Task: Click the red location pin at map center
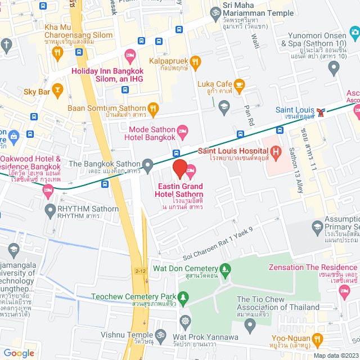(179, 168)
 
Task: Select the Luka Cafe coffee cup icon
(240, 85)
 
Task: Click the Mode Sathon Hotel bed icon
(183, 133)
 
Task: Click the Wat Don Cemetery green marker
(226, 269)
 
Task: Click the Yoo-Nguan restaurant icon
(318, 339)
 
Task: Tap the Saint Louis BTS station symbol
(321, 111)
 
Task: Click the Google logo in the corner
(19, 353)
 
